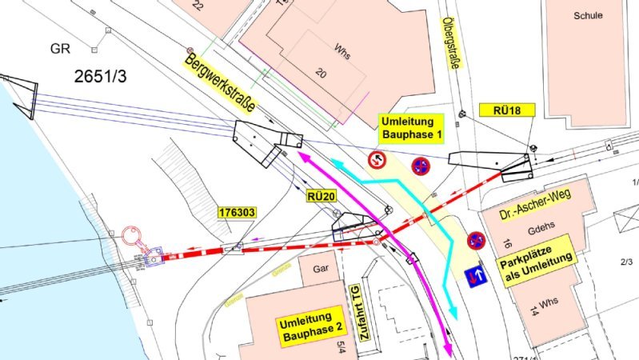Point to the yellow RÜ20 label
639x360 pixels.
tap(318, 194)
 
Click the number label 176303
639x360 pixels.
tap(238, 213)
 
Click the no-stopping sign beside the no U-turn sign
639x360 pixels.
tap(420, 166)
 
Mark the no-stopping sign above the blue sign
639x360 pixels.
tap(476, 240)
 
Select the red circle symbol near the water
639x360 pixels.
tap(132, 237)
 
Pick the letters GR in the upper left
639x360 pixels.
tap(61, 48)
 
